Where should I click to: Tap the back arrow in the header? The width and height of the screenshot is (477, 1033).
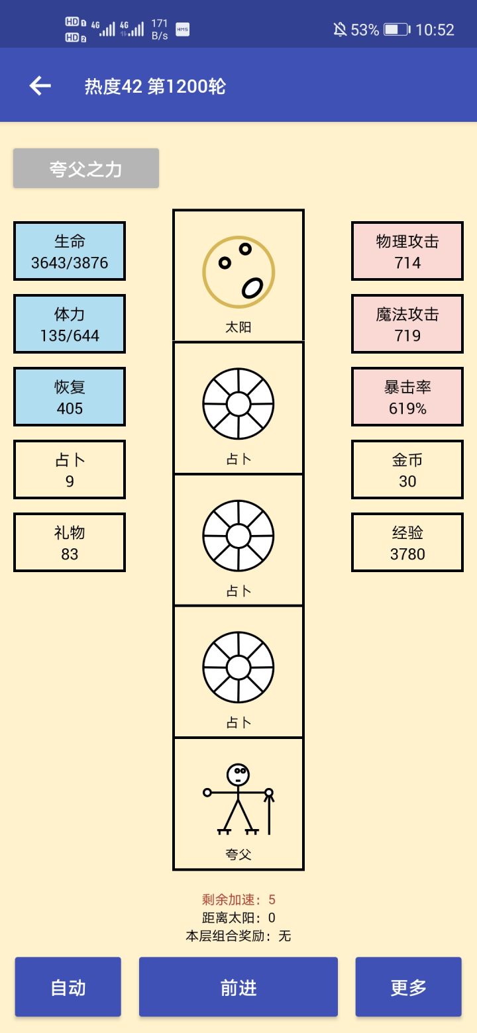click(40, 85)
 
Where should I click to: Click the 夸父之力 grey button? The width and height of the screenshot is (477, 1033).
click(86, 168)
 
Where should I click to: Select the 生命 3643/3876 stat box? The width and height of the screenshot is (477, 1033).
click(70, 251)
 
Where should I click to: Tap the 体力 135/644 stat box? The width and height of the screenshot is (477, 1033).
click(70, 324)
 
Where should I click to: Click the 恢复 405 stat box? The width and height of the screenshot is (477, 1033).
click(70, 397)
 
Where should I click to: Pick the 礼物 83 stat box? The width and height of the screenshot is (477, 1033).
click(70, 542)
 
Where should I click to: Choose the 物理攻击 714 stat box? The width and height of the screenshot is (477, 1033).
click(407, 251)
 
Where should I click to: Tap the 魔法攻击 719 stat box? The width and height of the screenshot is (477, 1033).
click(407, 324)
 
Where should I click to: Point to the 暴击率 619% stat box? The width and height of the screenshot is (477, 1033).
click(407, 397)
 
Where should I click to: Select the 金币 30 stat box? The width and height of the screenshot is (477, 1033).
click(407, 469)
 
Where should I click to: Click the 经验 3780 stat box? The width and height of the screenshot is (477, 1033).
click(407, 542)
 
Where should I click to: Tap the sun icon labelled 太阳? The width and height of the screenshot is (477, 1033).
click(238, 272)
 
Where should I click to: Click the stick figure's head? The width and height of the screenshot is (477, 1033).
click(238, 774)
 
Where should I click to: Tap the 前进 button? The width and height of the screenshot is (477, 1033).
click(238, 987)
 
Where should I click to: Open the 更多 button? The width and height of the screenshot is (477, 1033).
click(408, 987)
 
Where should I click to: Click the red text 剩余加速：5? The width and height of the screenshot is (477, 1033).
click(238, 899)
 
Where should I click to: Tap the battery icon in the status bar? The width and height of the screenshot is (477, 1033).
click(397, 30)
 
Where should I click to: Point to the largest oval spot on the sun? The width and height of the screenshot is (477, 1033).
click(252, 287)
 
